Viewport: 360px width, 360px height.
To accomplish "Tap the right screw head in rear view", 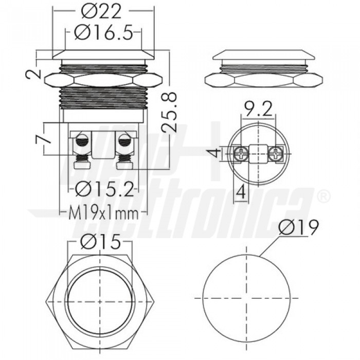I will pyautogui.click(x=276, y=152).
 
